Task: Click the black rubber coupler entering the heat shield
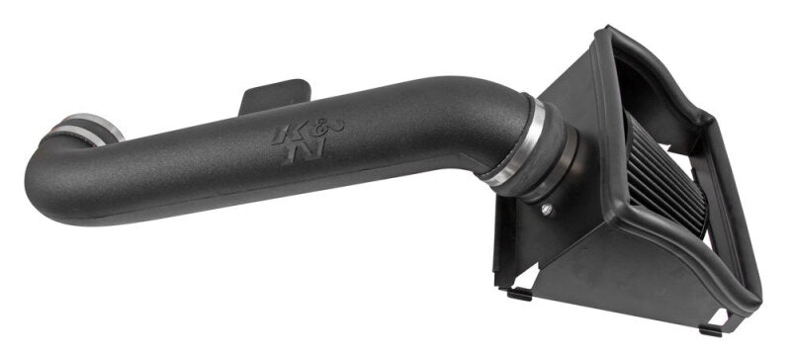555,158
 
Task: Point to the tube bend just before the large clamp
475,109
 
